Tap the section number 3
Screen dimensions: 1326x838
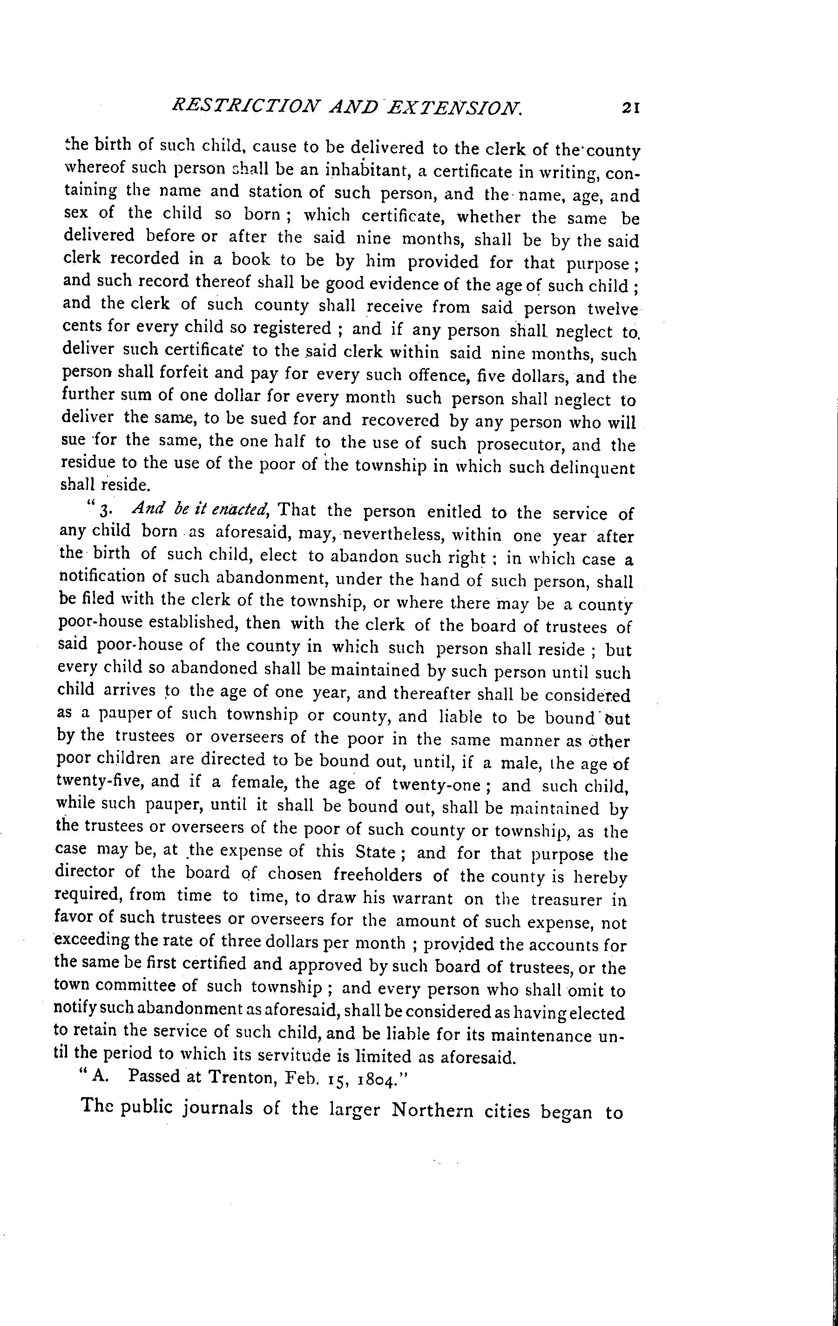pyautogui.click(x=106, y=511)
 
